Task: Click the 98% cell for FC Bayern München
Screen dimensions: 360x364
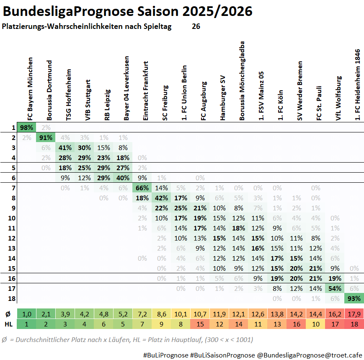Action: (26, 127)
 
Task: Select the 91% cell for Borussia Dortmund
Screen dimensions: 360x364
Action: (46, 137)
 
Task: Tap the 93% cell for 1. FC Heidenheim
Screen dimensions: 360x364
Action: (354, 298)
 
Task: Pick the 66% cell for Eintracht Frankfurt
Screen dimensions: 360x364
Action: (142, 188)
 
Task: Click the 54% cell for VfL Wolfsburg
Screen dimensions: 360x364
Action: (335, 288)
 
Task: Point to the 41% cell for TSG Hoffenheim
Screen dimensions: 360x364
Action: (65, 148)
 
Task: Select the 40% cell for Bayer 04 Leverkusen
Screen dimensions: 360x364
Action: (123, 178)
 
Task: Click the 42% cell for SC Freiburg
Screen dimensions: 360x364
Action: (161, 198)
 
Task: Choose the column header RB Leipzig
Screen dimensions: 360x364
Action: (107, 104)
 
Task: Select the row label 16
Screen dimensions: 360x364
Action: (13, 278)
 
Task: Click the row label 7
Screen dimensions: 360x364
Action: (13, 188)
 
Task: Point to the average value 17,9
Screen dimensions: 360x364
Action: (354, 314)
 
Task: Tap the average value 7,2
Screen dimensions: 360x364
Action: (142, 314)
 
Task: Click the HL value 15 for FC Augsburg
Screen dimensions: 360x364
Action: (200, 324)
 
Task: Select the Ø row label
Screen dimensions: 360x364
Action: (8, 314)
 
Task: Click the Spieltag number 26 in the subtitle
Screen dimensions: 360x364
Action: (196, 26)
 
